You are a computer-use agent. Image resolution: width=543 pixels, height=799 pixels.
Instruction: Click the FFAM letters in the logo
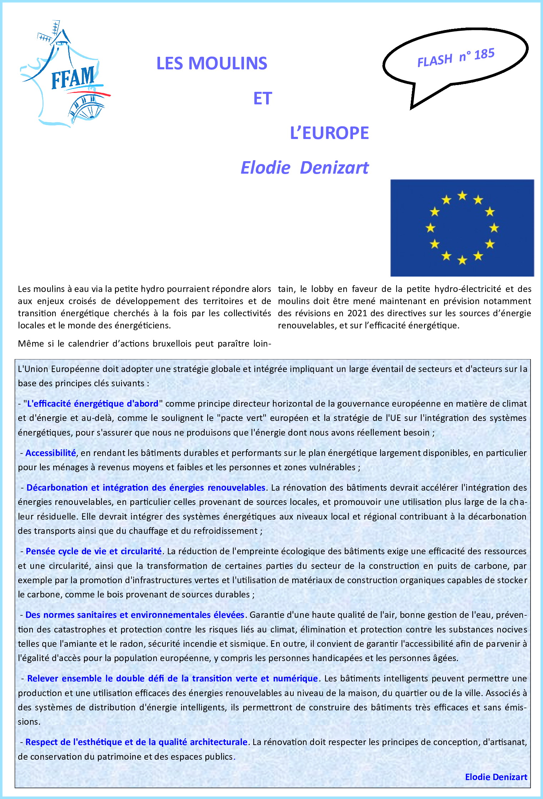[x=73, y=78]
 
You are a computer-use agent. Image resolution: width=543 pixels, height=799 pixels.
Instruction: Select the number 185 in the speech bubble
[x=484, y=54]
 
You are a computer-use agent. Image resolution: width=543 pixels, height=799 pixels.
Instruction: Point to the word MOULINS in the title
[x=228, y=64]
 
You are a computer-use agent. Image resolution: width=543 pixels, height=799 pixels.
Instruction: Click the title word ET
[x=263, y=99]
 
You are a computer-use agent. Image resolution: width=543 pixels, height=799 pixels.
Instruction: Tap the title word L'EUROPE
[x=329, y=133]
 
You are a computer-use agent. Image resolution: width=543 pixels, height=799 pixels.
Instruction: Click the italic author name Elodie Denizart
[x=304, y=168]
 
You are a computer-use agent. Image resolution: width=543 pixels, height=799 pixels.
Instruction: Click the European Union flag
[x=462, y=228]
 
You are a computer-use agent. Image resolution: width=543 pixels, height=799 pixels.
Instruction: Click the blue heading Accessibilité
[x=50, y=453]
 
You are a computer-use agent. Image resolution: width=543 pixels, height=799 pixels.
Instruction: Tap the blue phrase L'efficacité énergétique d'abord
[x=93, y=404]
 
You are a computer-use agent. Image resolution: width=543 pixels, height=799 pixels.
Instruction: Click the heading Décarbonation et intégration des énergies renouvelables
[x=146, y=488]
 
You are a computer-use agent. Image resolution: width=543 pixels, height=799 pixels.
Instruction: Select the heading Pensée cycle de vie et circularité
[x=94, y=551]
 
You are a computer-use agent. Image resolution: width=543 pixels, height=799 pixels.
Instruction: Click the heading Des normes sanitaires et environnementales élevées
[x=135, y=615]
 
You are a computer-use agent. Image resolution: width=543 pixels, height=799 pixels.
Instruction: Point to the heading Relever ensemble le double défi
[x=172, y=679]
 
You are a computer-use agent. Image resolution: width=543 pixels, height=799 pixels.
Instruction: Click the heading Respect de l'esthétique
[x=136, y=742]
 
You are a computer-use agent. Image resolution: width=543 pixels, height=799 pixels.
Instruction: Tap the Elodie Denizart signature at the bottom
[x=496, y=777]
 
